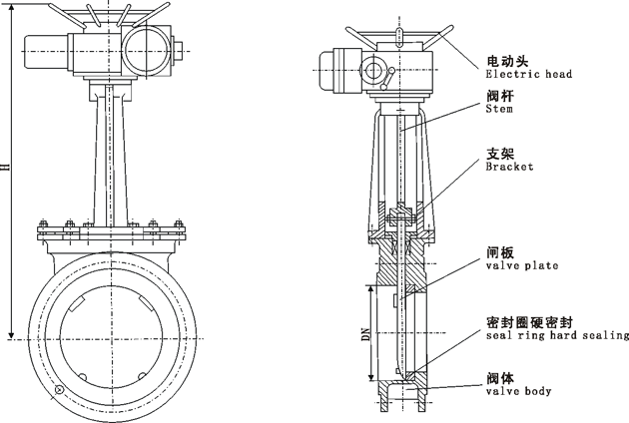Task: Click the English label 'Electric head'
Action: pyautogui.click(x=528, y=74)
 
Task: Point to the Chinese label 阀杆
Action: pyautogui.click(x=500, y=95)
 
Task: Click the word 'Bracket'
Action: pyautogui.click(x=509, y=167)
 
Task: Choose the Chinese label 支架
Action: pyautogui.click(x=500, y=153)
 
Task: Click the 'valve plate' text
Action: pyautogui.click(x=521, y=265)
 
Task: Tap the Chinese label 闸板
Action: pyautogui.click(x=500, y=251)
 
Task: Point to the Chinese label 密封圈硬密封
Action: pyautogui.click(x=528, y=321)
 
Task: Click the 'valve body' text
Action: pyautogui.click(x=518, y=391)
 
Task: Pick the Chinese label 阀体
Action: pyautogui.click(x=500, y=377)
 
